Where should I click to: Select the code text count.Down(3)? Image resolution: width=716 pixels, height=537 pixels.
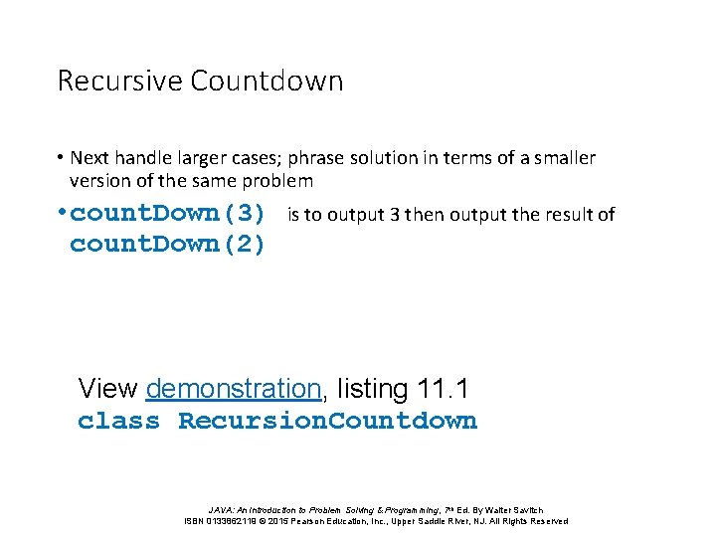coord(168,214)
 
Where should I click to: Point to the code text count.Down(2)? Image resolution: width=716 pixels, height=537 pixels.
coord(168,245)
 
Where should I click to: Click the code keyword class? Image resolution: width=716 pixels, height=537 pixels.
coord(118,421)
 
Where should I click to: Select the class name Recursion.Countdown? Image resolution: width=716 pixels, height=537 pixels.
coord(328,421)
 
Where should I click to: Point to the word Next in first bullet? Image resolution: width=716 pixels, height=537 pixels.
coord(89,158)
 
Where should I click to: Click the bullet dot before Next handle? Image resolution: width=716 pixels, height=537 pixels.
coord(61,158)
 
